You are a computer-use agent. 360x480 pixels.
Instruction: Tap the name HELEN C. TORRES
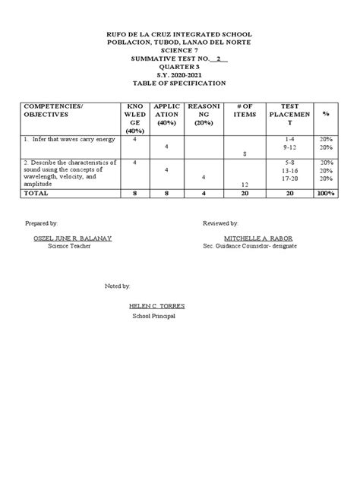point(157,306)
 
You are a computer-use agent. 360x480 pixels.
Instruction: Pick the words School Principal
point(154,315)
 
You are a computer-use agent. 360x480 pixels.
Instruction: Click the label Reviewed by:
point(221,226)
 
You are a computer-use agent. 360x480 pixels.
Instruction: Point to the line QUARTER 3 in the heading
point(180,65)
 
